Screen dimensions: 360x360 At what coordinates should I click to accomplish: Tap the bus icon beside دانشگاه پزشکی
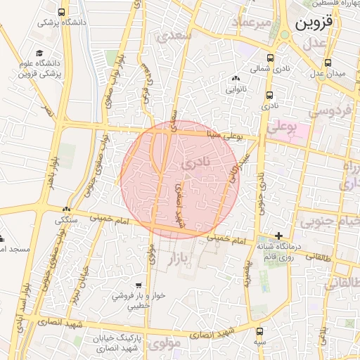point(62,13)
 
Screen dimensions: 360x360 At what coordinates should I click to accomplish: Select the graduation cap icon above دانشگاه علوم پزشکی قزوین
point(39,53)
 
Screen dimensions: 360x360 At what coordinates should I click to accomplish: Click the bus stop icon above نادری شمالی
point(270,58)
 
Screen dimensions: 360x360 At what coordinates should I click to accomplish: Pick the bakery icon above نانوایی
point(234,79)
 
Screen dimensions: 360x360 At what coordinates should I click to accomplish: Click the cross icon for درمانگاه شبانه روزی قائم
point(279,236)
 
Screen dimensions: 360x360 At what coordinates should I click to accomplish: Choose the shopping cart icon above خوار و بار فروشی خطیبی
point(139,285)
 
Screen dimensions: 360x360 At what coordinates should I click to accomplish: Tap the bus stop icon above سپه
point(259,330)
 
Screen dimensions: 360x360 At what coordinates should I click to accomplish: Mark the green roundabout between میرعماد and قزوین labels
point(284,34)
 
